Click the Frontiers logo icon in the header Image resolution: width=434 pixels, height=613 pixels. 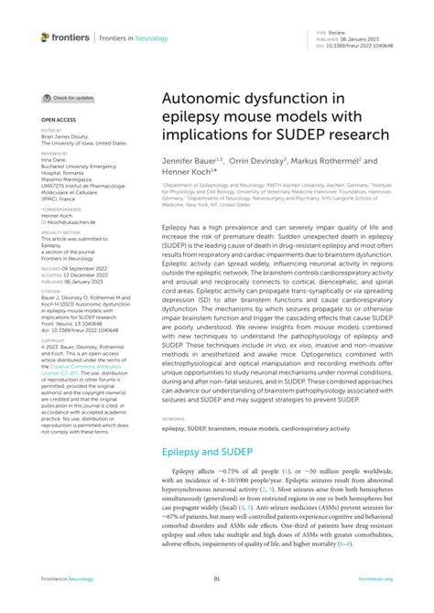[x=45, y=38]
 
